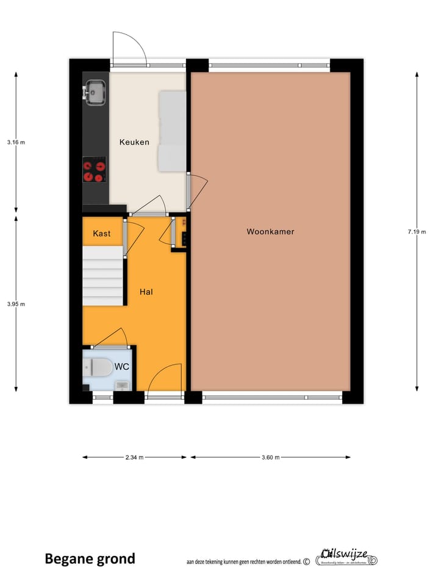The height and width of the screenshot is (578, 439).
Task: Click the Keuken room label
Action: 134,142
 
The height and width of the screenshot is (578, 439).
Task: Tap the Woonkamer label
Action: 270,231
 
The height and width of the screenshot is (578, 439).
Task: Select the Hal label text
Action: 146,292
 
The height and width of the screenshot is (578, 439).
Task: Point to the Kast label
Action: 102,234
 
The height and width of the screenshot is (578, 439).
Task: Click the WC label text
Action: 121,367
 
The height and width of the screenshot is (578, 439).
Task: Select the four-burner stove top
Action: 94,170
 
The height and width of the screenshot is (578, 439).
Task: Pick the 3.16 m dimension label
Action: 16,142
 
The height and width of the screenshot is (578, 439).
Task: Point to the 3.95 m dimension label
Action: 16,303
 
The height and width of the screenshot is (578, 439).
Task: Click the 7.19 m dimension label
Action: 417,231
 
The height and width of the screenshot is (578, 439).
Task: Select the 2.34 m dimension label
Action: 134,457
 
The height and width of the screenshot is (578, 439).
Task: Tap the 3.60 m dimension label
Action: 270,457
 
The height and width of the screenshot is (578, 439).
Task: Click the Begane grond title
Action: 90,558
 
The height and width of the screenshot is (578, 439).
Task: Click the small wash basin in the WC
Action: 123,385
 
